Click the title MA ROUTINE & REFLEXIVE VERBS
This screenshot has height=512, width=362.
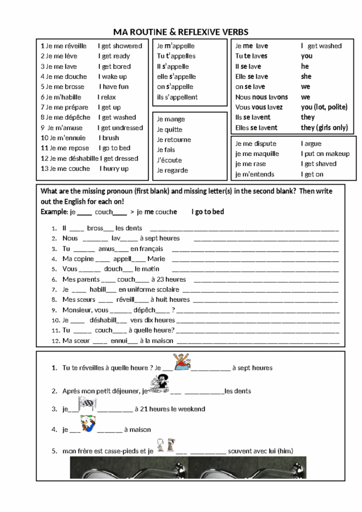point(181,32)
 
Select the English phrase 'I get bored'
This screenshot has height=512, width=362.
point(116,67)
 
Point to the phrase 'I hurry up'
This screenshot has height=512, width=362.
point(114,168)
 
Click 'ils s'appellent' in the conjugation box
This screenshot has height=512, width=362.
point(177,97)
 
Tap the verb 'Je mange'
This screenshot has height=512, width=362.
point(171,119)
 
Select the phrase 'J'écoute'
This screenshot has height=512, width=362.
point(169,160)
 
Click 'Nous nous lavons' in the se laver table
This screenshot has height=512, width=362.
point(261,97)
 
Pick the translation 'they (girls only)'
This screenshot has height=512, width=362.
point(324,127)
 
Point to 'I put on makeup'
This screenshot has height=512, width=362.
point(325,154)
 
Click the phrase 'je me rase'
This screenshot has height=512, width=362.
point(250,164)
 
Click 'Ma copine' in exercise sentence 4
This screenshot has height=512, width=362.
point(78,259)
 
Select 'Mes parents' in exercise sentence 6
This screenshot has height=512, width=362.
point(81,279)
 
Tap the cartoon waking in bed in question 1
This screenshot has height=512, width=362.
point(182,361)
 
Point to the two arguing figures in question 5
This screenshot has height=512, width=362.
point(166,445)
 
